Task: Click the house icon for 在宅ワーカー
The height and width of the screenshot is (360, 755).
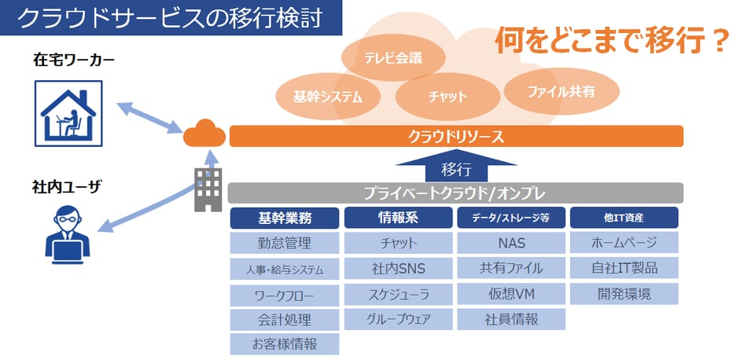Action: tap(68, 114)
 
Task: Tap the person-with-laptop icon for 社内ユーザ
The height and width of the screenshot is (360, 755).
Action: tap(68, 234)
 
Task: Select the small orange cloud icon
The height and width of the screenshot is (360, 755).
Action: tap(204, 134)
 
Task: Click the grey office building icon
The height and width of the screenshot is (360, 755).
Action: tap(208, 189)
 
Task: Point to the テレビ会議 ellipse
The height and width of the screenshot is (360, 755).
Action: tap(393, 58)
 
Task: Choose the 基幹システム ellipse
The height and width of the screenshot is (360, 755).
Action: tap(328, 97)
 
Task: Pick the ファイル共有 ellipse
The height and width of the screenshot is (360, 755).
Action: tap(561, 91)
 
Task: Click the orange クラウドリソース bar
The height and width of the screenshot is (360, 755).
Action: tap(456, 137)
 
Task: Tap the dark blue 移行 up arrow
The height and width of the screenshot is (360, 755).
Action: tap(456, 165)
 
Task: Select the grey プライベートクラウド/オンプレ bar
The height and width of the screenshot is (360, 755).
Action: tap(455, 193)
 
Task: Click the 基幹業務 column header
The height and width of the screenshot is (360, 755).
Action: tap(285, 218)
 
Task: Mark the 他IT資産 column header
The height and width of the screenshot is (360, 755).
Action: tap(624, 218)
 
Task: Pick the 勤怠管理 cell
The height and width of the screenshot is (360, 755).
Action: tap(285, 243)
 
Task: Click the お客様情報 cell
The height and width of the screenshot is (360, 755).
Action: tap(285, 344)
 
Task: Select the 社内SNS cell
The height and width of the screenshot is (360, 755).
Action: tap(398, 268)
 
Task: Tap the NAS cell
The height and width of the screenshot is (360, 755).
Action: tap(511, 243)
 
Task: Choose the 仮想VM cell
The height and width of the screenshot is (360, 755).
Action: tap(511, 294)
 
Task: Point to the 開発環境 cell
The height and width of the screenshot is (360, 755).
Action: tap(624, 294)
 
